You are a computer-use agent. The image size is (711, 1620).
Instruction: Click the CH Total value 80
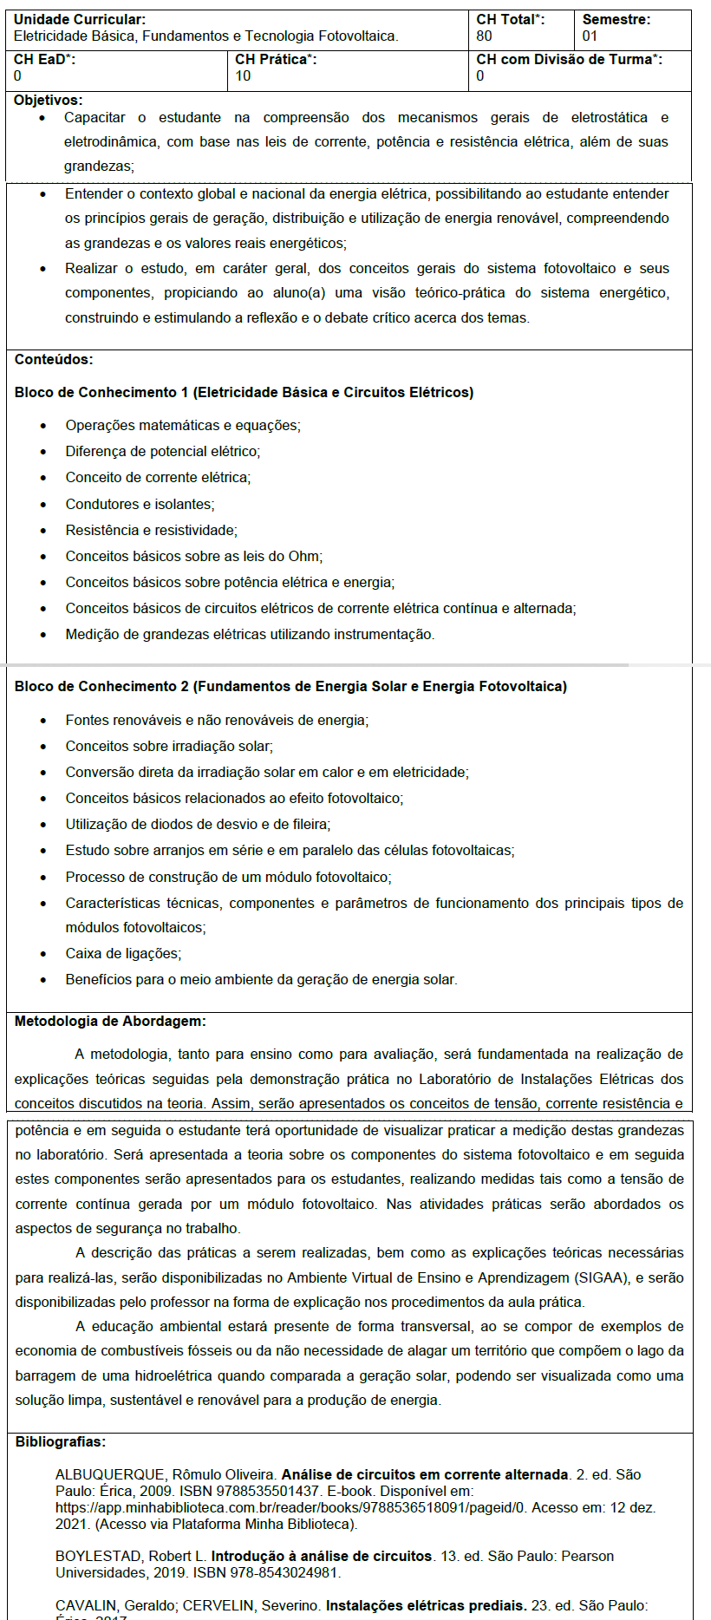tap(484, 36)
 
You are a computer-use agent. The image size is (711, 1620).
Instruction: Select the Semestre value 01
tap(590, 36)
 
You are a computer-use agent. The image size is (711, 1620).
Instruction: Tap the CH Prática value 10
tap(243, 75)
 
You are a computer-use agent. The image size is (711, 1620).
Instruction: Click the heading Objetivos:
tap(49, 101)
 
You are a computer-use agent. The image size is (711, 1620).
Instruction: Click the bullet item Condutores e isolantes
tap(140, 504)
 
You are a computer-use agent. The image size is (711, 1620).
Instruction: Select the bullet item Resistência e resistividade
tap(151, 530)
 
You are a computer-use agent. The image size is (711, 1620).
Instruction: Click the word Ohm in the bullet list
tap(304, 556)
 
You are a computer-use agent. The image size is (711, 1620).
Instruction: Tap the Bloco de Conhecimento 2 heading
tap(290, 686)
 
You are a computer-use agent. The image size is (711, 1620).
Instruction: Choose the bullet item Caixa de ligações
tap(123, 953)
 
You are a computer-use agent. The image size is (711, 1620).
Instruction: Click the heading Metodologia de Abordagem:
tap(110, 1021)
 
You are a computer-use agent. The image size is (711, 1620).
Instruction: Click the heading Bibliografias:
tap(61, 1441)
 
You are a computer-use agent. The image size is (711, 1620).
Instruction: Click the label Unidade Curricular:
tap(80, 19)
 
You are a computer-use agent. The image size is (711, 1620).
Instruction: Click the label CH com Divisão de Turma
tap(569, 59)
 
